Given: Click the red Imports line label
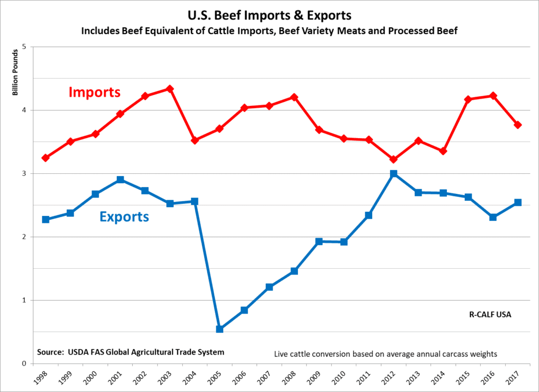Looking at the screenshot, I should click(95, 93).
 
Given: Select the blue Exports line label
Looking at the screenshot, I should click(124, 217).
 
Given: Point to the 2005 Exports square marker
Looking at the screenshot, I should click(220, 329).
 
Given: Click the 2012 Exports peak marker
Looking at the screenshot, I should click(394, 174).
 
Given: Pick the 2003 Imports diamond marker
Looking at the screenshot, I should click(170, 89).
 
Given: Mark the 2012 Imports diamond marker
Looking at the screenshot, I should click(394, 159).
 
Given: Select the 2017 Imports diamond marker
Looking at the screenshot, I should click(518, 125).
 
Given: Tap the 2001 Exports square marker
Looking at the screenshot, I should click(121, 180).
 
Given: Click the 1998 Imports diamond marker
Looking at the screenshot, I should click(46, 158).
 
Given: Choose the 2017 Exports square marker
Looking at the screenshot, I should click(518, 202).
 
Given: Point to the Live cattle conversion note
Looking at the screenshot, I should click(386, 354).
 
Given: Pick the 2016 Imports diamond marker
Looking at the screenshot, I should click(493, 96).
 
